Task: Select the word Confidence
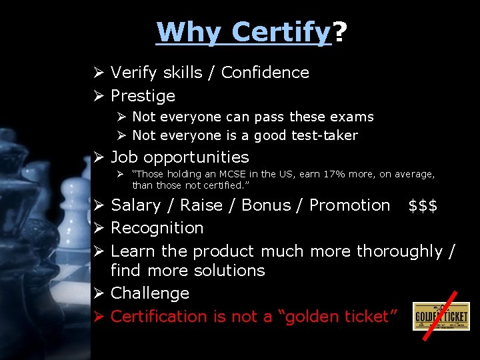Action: click(265, 73)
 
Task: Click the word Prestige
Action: click(143, 96)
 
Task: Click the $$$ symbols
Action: click(423, 205)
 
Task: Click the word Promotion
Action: click(349, 205)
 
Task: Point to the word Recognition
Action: click(157, 228)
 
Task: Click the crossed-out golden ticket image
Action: click(441, 316)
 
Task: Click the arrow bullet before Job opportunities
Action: click(99, 158)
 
